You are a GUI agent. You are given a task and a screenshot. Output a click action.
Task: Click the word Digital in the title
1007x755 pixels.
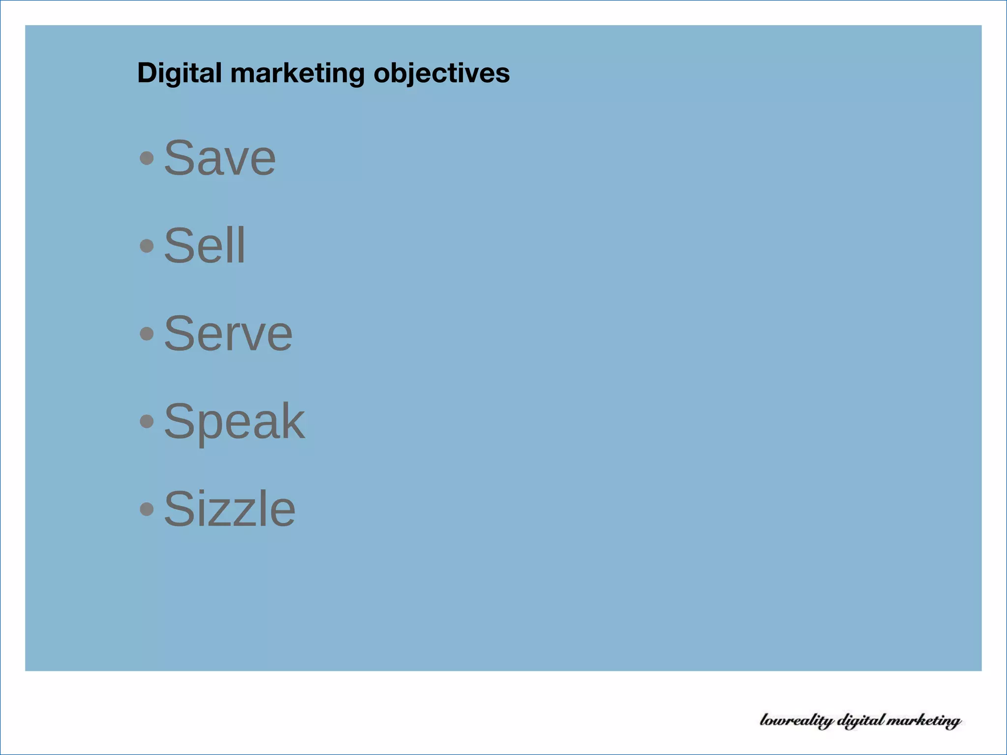pos(179,73)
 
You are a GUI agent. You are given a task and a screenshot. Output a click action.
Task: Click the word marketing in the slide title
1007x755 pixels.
pos(297,73)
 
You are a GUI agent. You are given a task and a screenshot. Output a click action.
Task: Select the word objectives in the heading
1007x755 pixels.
pos(442,73)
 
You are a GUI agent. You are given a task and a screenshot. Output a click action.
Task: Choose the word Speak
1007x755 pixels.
pos(234,421)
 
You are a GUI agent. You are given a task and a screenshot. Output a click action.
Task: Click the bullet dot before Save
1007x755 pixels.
pos(147,158)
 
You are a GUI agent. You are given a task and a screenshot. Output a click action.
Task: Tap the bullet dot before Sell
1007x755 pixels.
pos(147,246)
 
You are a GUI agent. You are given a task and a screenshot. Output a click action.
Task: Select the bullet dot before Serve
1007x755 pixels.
pos(147,334)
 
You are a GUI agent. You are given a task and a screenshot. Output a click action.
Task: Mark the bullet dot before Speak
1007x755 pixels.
pos(147,421)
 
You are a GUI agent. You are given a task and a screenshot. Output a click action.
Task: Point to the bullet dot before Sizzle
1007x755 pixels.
pos(147,509)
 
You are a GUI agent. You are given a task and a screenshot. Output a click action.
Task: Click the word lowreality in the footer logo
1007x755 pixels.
pos(797,721)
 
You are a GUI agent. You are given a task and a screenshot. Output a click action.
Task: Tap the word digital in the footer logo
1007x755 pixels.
pos(860,721)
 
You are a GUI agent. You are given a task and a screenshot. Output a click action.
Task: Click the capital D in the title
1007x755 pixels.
pos(146,73)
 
